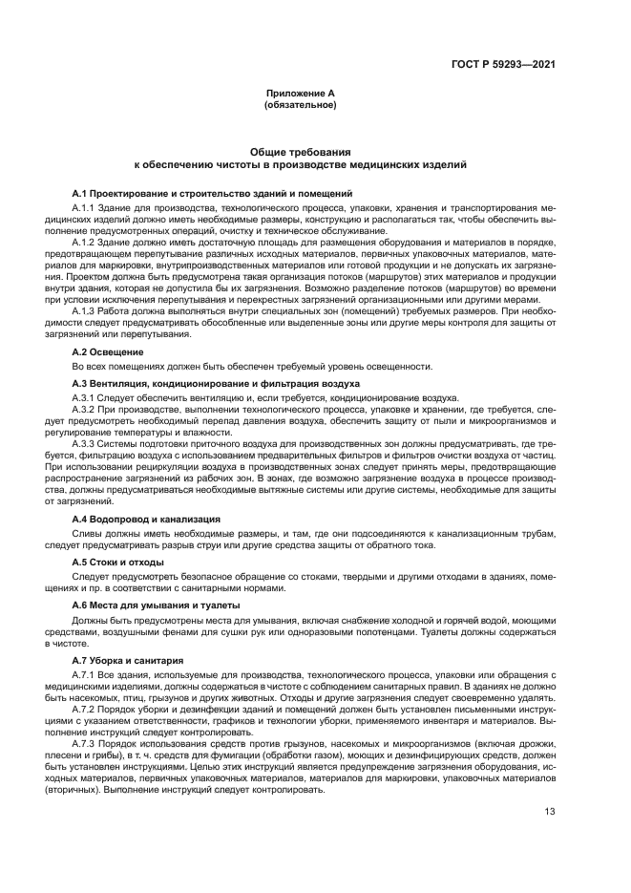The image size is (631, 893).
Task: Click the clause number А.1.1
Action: click(x=86, y=206)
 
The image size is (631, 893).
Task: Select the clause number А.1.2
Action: click(x=86, y=243)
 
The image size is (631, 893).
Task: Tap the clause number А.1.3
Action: click(x=86, y=311)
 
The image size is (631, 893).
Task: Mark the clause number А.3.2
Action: click(x=86, y=409)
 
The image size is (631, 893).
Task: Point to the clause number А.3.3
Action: click(x=86, y=444)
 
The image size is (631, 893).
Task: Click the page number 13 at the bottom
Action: click(x=550, y=813)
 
